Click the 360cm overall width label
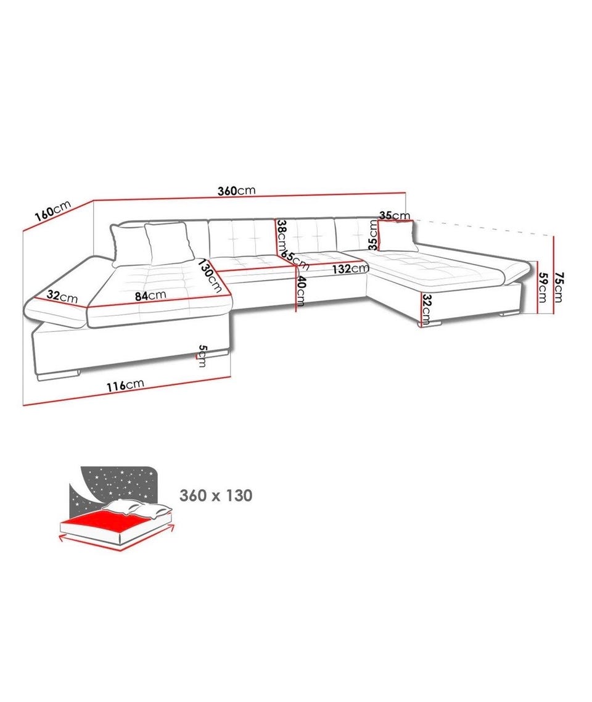(236, 191)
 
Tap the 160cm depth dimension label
(53, 211)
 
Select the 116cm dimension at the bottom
(125, 385)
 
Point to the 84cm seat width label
(150, 295)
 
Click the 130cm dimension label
(210, 276)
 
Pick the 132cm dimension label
(350, 269)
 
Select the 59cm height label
(542, 287)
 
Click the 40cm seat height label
(301, 291)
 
